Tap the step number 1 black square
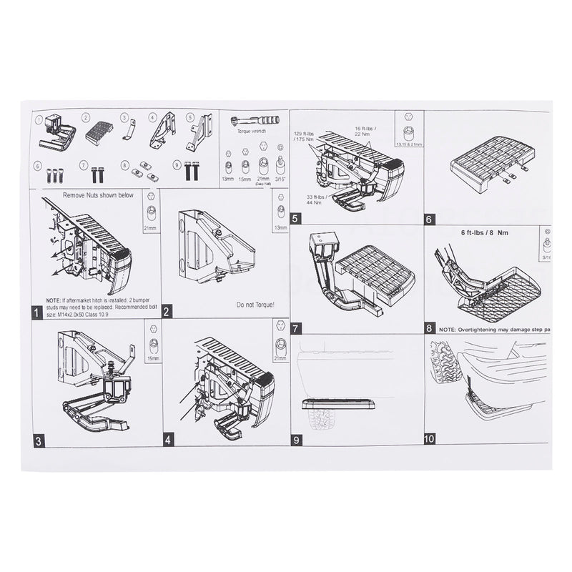pos(37,312)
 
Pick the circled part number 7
pos(86,165)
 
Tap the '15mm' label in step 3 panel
pos(150,359)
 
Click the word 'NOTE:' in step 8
pos(448,329)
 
